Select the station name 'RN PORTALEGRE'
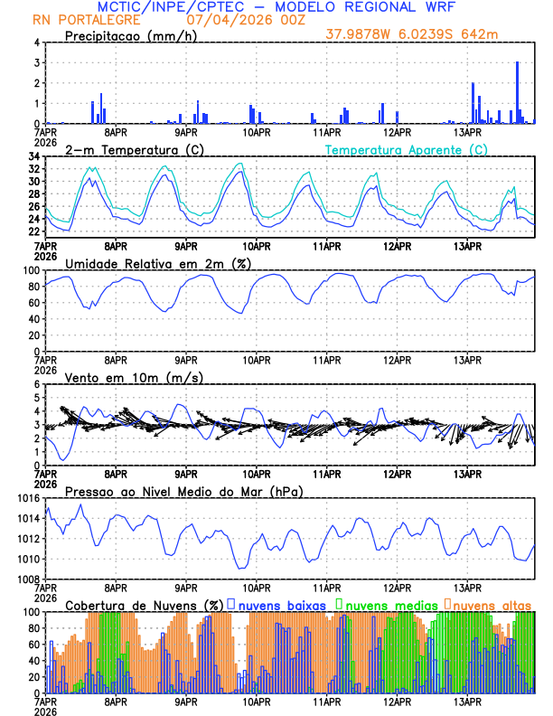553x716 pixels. pyautogui.click(x=86, y=20)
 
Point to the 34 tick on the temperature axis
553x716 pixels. pyautogui.click(x=33, y=156)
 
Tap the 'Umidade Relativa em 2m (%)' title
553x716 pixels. pyautogui.click(x=158, y=263)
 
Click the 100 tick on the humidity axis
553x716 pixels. pyautogui.click(x=30, y=270)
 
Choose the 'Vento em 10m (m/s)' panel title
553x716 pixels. pyautogui.click(x=134, y=377)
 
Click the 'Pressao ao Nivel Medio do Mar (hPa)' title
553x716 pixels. pyautogui.click(x=183, y=491)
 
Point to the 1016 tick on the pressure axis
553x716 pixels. pyautogui.click(x=26, y=498)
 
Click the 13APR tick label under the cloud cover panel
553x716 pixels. pyautogui.click(x=466, y=702)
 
